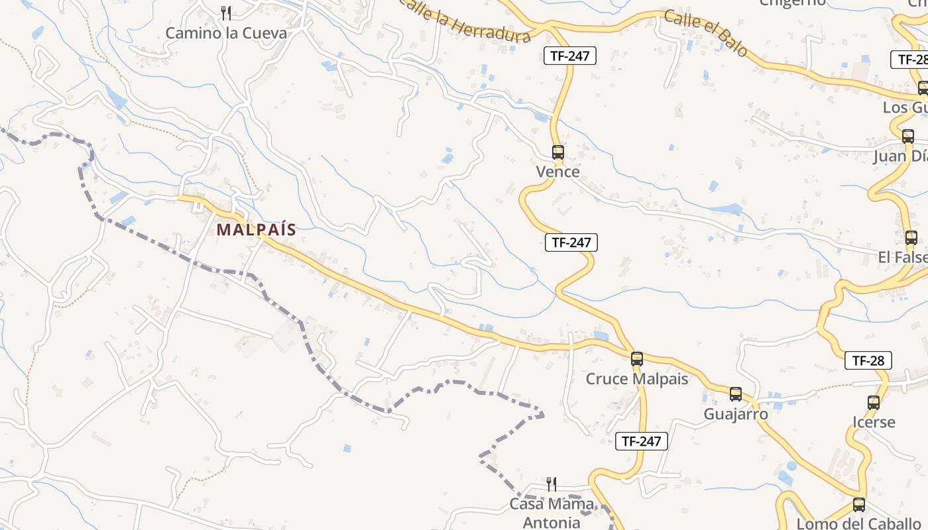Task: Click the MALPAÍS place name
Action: pos(256,230)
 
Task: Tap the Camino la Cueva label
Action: pos(226,33)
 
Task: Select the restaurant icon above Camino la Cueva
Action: pos(226,13)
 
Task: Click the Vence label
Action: pos(557,172)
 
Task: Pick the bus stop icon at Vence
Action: pos(557,152)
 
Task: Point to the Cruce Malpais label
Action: pos(636,379)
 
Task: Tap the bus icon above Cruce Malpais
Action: pos(636,359)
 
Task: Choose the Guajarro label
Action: pos(736,414)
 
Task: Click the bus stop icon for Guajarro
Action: pos(735,394)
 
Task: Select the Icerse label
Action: pos(874,422)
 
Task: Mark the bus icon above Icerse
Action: pos(874,402)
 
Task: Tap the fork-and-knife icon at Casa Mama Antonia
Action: pos(551,484)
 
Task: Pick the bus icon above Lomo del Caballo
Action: pos(858,504)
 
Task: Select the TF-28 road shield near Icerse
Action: pos(868,361)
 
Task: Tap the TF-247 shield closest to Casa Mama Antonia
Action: pos(641,441)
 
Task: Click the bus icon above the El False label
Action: pos(911,238)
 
